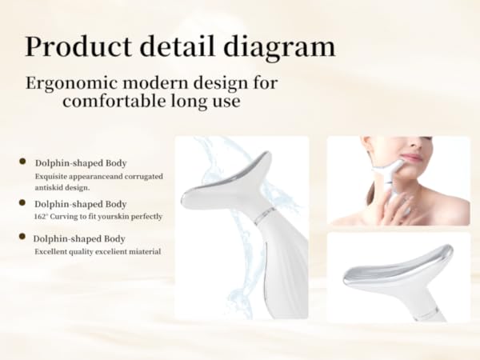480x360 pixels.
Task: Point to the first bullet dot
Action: click(x=22, y=162)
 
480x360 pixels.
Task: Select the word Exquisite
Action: click(x=52, y=175)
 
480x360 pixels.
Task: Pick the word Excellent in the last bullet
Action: click(x=51, y=251)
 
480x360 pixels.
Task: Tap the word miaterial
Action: click(x=141, y=251)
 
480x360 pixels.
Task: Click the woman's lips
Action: click(x=410, y=158)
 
